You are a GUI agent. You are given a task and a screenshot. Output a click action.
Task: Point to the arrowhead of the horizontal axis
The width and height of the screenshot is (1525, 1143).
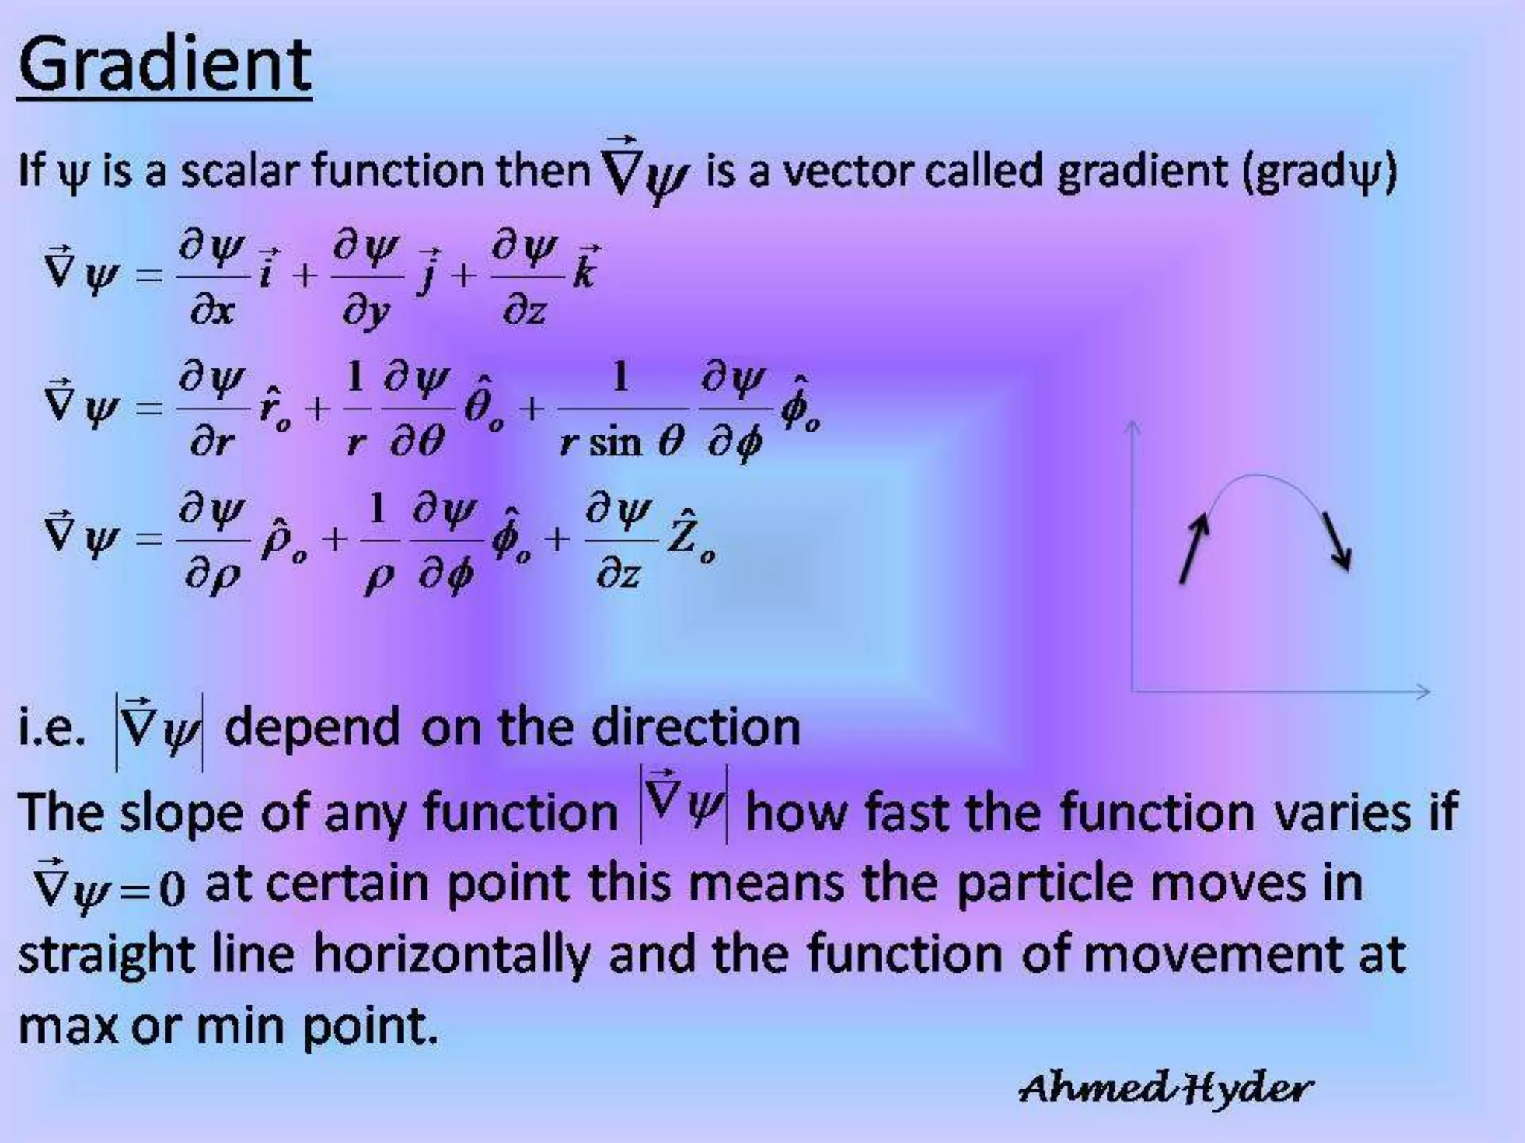point(1422,691)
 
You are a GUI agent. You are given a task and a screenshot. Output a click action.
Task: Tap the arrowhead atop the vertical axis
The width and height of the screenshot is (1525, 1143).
point(1133,426)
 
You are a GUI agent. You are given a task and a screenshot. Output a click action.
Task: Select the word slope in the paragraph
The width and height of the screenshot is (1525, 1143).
point(182,813)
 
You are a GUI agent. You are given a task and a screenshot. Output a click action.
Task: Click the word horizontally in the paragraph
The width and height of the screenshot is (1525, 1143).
point(451,954)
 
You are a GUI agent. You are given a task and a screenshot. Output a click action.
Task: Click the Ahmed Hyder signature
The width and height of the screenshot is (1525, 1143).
point(1165,1088)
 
